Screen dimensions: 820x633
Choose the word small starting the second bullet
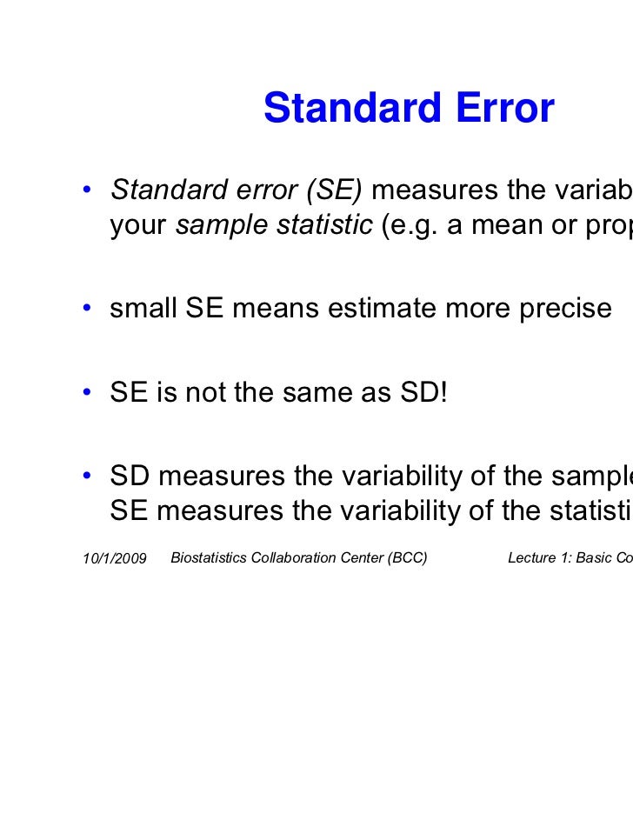coord(143,309)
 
